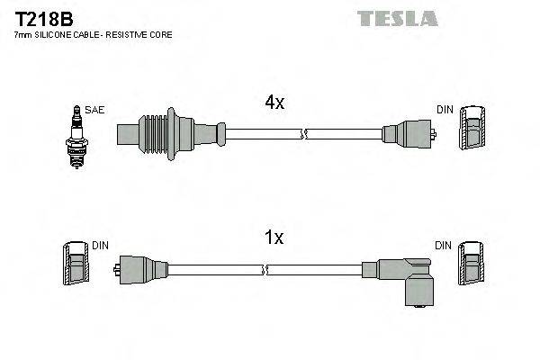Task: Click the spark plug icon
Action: pyautogui.click(x=76, y=130)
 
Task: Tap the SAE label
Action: pyautogui.click(x=96, y=110)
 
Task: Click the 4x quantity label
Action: pyautogui.click(x=274, y=103)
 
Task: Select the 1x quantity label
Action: pyautogui.click(x=274, y=238)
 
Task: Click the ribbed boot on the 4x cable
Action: pyautogui.click(x=166, y=134)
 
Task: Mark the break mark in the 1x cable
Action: pyautogui.click(x=265, y=269)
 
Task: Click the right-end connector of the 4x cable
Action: pyautogui.click(x=409, y=135)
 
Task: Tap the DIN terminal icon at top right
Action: pyautogui.click(x=472, y=129)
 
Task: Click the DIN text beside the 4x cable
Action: pyautogui.click(x=445, y=110)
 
